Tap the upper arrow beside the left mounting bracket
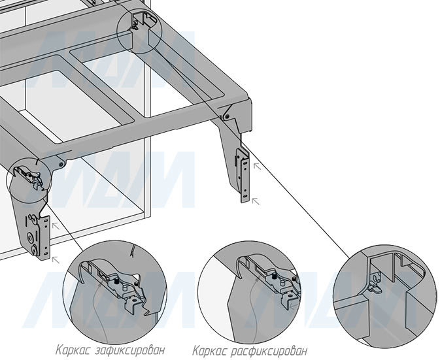click(x=56, y=224)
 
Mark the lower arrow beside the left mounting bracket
click(x=55, y=259)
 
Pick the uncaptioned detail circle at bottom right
click(x=384, y=293)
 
